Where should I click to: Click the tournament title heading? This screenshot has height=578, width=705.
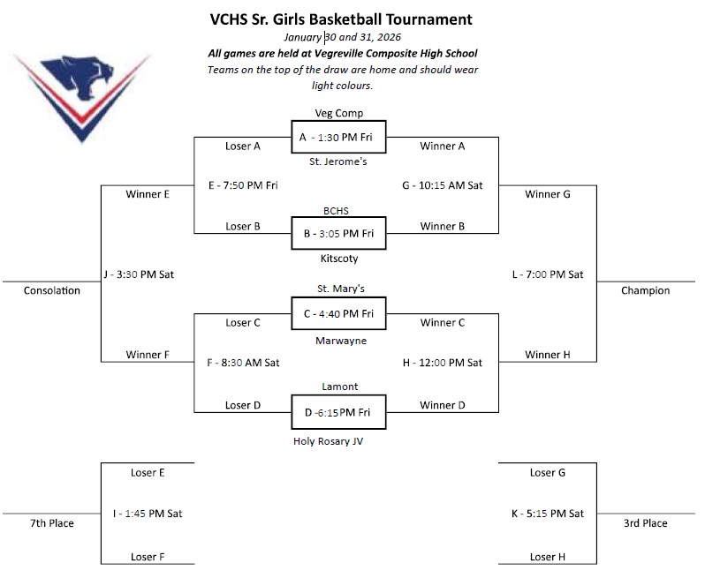(341, 19)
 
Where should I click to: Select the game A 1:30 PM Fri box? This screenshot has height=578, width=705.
(338, 137)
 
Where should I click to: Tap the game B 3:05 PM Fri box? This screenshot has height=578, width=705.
(338, 233)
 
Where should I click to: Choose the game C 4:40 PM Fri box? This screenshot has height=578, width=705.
(338, 313)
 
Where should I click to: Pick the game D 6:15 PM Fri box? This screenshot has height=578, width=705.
(338, 411)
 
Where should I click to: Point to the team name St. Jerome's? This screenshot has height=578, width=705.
(338, 161)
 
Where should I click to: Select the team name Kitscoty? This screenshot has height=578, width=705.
(338, 259)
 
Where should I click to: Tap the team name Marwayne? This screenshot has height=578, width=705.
(340, 340)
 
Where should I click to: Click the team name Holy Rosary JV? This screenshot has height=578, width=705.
(328, 441)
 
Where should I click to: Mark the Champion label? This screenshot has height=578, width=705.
(645, 290)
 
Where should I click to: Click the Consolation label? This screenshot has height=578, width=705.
(52, 290)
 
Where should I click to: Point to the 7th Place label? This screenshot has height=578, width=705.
(52, 523)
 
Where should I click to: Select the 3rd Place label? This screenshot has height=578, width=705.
(645, 523)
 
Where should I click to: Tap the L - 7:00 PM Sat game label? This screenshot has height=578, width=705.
(548, 274)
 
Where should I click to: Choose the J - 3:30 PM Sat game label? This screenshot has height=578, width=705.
(139, 274)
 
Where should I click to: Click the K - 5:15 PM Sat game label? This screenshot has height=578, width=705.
(548, 514)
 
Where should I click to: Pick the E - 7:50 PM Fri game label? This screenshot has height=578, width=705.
(242, 185)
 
